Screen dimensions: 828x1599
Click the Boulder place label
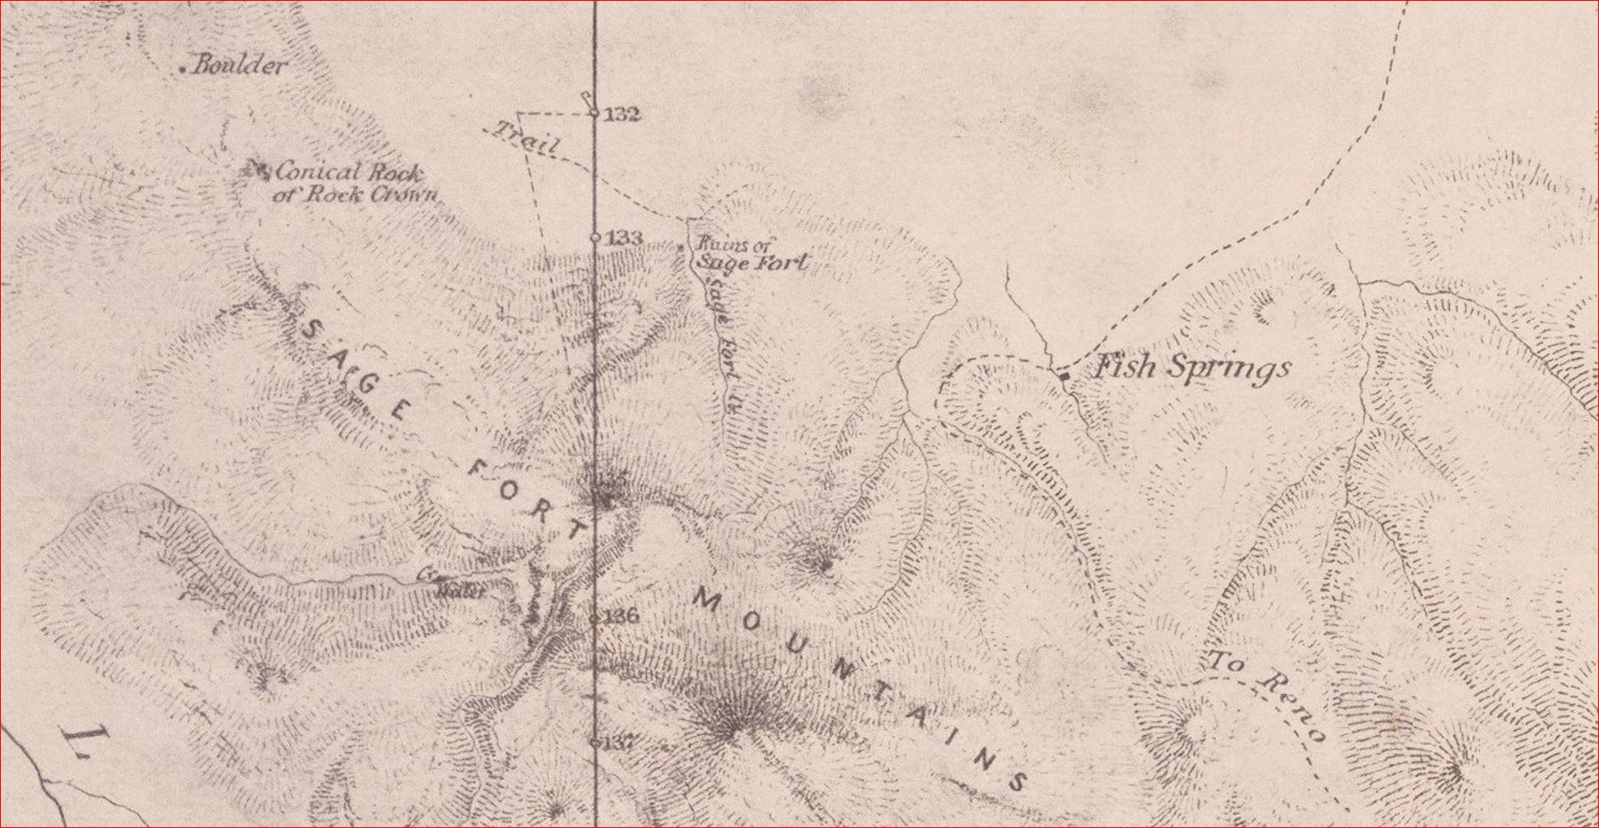[238, 66]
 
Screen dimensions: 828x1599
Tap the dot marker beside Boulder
[184, 69]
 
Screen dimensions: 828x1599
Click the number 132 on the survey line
[622, 114]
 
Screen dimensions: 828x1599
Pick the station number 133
[624, 239]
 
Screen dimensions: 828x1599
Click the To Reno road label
[1268, 694]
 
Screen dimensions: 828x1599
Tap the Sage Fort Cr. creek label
[720, 341]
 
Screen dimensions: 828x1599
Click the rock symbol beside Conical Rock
[256, 170]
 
